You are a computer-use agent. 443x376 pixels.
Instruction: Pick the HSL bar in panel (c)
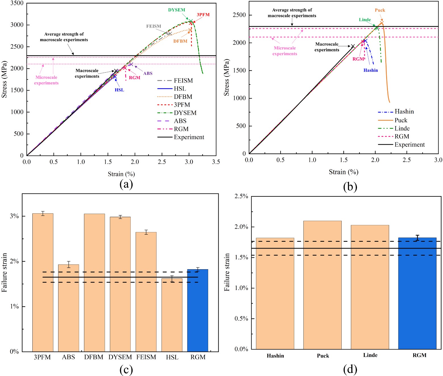pyautogui.click(x=172, y=315)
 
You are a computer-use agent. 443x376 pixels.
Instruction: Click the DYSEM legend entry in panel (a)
pyautogui.click(x=185, y=113)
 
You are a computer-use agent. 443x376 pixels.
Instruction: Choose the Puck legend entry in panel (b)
pyautogui.click(x=401, y=120)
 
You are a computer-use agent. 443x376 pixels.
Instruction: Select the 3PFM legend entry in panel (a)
pyautogui.click(x=182, y=105)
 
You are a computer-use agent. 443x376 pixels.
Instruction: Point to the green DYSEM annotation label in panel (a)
pyautogui.click(x=176, y=10)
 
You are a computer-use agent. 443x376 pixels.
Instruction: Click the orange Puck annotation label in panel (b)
pyautogui.click(x=380, y=10)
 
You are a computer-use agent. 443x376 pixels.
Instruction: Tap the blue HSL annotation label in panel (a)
pyautogui.click(x=119, y=90)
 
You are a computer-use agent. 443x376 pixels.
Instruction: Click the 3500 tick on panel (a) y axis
pyautogui.click(x=17, y=3)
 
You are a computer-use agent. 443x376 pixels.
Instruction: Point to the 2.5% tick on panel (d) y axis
pyautogui.click(x=241, y=196)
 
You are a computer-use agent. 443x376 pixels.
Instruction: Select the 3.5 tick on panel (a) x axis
pyautogui.click(x=216, y=162)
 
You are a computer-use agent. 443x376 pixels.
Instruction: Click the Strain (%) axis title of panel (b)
pyautogui.click(x=343, y=172)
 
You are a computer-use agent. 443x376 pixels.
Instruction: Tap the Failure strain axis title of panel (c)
pyautogui.click(x=4, y=272)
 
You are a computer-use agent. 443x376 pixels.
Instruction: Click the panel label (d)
pyautogui.click(x=350, y=369)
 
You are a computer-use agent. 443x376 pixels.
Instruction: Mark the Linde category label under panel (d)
pyautogui.click(x=370, y=355)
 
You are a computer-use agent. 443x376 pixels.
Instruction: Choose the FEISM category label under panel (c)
pyautogui.click(x=146, y=357)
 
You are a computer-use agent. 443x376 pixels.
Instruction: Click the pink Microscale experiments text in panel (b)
pyautogui.click(x=285, y=51)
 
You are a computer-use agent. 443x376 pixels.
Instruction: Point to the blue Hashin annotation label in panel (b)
pyautogui.click(x=371, y=70)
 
